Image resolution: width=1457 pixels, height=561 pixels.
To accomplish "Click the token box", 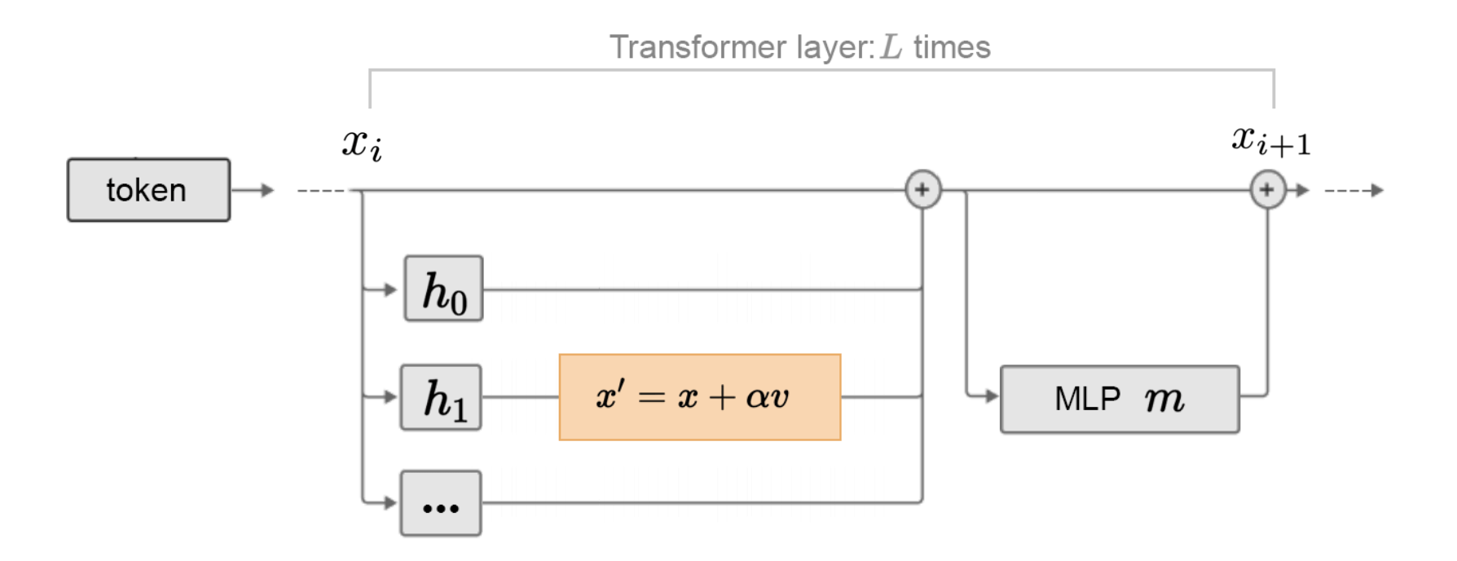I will pos(148,190).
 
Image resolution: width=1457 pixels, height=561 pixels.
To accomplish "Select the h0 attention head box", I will pos(443,289).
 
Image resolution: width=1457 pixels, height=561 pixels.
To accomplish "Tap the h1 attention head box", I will pos(441,397).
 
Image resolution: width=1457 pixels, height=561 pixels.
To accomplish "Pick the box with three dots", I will pos(441,503).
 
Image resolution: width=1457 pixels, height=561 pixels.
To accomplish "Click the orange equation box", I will pos(699,397).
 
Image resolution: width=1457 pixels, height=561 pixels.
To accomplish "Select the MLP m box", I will pos(1119,399).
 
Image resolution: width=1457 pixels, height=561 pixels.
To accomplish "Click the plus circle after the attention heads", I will pos(922,190).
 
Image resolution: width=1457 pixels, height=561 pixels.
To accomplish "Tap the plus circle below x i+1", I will pos(1267,190).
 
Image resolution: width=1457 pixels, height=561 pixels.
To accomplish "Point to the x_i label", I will pos(362,144).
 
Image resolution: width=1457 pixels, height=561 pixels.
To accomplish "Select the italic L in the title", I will pos(891,47).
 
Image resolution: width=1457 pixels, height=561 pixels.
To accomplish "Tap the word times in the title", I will pos(951,47).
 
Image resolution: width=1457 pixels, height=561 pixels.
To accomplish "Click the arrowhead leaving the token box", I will pos(267,190).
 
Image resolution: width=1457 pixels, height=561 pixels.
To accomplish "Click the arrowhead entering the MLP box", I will pos(991,396).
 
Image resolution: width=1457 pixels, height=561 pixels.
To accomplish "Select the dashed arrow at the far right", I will pos(1355,190).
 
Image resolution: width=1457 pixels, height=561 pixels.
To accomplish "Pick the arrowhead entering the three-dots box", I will pos(390,502).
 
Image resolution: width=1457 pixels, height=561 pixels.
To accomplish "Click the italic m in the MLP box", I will pos(1163,399).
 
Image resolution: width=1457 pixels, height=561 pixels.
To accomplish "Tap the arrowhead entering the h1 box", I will pos(390,397).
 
